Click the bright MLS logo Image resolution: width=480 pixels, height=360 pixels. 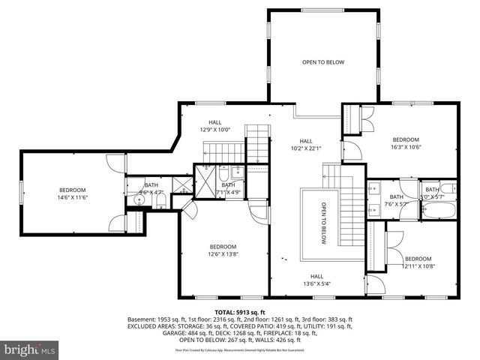coord(28,349)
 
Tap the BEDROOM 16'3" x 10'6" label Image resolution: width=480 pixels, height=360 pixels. coord(406,143)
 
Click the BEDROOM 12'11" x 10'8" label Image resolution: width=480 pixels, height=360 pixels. coord(418,262)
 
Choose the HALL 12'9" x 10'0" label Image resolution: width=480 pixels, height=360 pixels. coord(215,126)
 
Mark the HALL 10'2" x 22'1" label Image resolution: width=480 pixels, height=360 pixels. coord(306,145)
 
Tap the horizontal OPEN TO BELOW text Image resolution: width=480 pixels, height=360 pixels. coord(323,62)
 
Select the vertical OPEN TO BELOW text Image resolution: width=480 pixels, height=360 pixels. coord(324,223)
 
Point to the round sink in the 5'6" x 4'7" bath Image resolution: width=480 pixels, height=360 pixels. coord(130,200)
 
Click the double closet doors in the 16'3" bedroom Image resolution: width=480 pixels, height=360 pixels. coord(368,118)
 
